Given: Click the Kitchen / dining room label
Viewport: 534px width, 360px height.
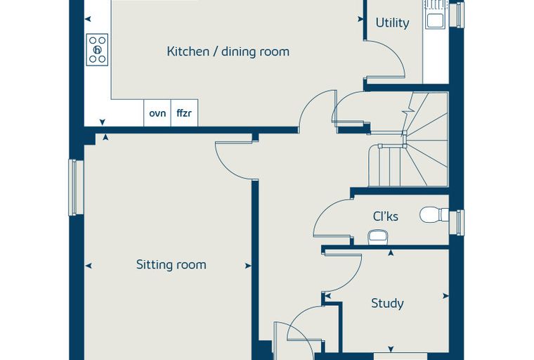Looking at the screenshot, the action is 228,51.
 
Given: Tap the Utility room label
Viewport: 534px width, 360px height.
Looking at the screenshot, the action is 392,22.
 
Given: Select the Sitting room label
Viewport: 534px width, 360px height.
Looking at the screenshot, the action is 171,264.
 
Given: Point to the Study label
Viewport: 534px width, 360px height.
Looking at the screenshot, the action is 387,303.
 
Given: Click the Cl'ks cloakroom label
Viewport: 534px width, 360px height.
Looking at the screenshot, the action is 386,216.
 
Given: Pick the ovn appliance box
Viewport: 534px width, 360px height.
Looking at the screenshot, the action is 157,112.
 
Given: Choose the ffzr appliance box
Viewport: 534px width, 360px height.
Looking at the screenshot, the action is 184,112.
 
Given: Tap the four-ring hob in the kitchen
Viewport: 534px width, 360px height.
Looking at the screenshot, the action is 97,50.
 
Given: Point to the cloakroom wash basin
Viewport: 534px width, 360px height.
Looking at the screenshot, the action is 377,238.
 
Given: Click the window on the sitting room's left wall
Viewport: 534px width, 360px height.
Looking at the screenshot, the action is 77,188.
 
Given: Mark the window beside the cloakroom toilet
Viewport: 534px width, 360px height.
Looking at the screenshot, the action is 457,222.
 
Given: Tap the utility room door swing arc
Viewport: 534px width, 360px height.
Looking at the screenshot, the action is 395,51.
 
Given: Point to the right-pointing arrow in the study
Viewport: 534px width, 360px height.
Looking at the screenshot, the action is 445,296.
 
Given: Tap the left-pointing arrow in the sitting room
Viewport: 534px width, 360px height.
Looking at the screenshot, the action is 89,266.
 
